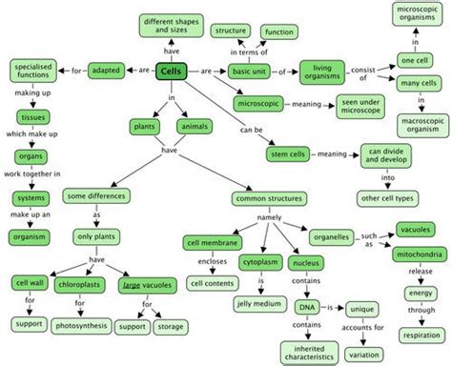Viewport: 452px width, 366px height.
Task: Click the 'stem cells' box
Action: [285, 154]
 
